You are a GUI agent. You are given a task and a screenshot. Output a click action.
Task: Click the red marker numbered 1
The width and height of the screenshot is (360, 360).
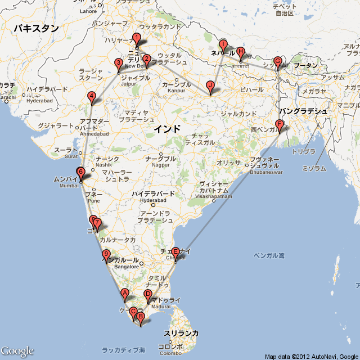click(x=136, y=39)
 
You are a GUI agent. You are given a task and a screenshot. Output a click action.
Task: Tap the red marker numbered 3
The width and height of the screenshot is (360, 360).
click(x=118, y=64)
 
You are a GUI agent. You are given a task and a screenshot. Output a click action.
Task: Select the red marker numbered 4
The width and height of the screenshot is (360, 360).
click(x=92, y=97)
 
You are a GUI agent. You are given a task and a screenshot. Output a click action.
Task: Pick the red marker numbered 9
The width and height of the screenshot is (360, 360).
click(x=106, y=255)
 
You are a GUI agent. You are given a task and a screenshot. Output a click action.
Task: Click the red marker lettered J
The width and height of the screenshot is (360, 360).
click(x=210, y=86)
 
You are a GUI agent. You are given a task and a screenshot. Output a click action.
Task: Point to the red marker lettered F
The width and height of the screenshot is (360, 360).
click(x=279, y=125)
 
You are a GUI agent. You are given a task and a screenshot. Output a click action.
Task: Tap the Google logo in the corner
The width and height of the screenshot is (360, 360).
click(x=17, y=351)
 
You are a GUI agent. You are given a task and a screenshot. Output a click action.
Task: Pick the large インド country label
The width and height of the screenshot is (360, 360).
click(x=168, y=129)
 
